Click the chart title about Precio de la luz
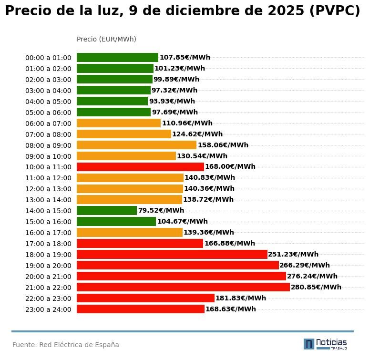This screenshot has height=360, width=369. tap(183, 11)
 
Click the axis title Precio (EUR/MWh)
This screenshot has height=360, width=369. tap(106, 39)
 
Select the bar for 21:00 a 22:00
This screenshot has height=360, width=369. tap(183, 287)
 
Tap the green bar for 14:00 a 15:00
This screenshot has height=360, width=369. tap(107, 211)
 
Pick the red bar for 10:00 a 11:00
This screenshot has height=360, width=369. tap(140, 167)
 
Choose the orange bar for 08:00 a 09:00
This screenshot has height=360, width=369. tap(136, 145)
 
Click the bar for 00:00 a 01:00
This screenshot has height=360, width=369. tap(117, 58)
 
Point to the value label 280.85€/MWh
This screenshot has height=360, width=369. tap(316, 287)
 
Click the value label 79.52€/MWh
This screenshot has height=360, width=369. tap(161, 211)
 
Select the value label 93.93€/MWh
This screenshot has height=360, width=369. tap(172, 102)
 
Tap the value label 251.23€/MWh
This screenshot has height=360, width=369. tap(293, 255)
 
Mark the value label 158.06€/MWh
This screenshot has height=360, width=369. tap(223, 145)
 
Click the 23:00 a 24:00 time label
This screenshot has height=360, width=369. tap(48, 309)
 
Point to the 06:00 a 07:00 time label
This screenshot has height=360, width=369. tap(48, 123)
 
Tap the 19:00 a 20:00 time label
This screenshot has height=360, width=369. tap(48, 266)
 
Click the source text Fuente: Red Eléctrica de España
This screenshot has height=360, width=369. tap(66, 345)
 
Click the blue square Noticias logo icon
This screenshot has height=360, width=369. tap(309, 344)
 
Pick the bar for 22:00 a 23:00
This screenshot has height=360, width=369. tap(145, 298)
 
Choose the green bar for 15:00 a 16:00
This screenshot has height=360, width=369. tap(116, 222)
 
